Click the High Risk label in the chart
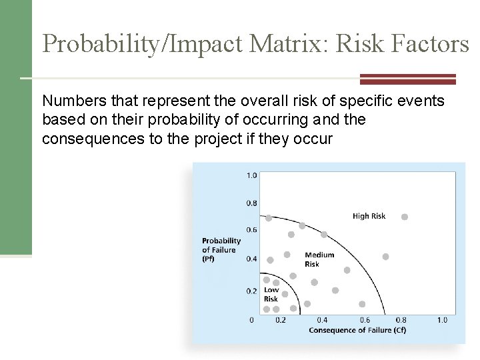pyautogui.click(x=369, y=215)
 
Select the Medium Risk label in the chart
pyautogui.click(x=319, y=259)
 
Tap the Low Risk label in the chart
pyautogui.click(x=271, y=295)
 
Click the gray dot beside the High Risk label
pyautogui.click(x=404, y=217)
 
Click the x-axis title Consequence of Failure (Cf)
pyautogui.click(x=357, y=330)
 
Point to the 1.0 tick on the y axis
pyautogui.click(x=251, y=175)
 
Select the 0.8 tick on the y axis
pyautogui.click(x=251, y=203)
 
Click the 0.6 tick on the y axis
pyautogui.click(x=251, y=230)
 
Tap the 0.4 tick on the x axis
pyautogui.click(x=321, y=320)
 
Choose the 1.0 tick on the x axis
pyautogui.click(x=441, y=320)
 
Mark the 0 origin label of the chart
pyautogui.click(x=251, y=320)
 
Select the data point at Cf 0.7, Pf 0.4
pyautogui.click(x=385, y=257)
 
